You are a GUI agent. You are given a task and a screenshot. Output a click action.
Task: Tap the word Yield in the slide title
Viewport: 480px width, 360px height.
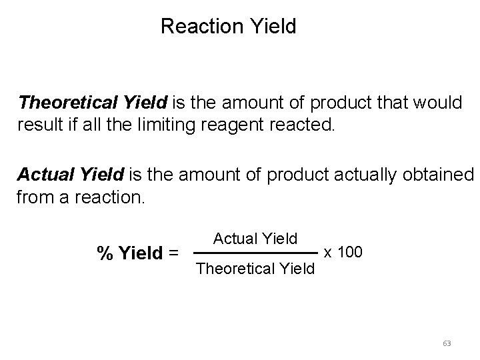[273, 27]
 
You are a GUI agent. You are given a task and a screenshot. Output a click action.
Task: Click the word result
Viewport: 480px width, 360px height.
[39, 124]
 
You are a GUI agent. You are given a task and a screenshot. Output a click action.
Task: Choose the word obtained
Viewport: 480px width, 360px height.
[436, 175]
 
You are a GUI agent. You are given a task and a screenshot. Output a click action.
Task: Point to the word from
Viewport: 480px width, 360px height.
[35, 197]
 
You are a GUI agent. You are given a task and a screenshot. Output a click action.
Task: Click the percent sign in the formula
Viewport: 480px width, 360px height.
[105, 253]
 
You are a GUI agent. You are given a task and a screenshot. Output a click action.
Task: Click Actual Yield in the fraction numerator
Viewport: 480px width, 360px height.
[255, 237]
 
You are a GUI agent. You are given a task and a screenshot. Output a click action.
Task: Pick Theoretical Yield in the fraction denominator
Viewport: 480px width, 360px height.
[255, 269]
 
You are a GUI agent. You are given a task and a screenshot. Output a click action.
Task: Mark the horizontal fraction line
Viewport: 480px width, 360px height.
[255, 253]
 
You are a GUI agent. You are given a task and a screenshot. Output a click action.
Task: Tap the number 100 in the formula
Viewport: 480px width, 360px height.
[350, 252]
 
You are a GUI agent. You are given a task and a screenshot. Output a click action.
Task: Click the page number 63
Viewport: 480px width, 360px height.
[447, 343]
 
